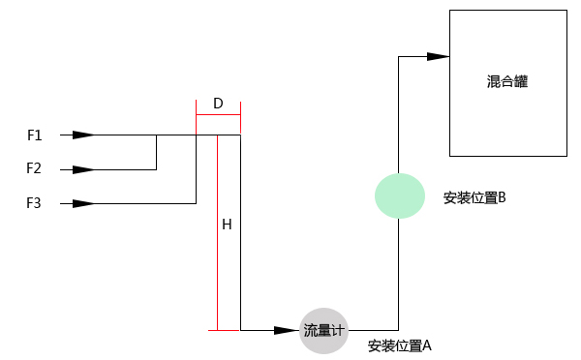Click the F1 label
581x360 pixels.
tap(34, 135)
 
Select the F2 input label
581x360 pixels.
tap(34, 168)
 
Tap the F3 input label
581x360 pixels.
tap(34, 203)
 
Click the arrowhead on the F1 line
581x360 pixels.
tap(84, 135)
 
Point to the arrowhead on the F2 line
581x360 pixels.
tap(84, 169)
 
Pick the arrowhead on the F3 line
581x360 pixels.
tap(84, 203)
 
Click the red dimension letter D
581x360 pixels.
tap(218, 103)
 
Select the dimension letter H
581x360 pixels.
tap(227, 225)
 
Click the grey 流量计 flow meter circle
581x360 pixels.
tap(323, 330)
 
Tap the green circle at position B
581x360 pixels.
tap(400, 196)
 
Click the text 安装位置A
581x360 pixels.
tap(399, 345)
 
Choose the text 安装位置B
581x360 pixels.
tap(474, 197)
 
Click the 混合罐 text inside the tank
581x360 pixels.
tap(507, 82)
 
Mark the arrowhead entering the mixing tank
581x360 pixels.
tap(438, 56)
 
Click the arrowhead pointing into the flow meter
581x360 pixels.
tap(287, 330)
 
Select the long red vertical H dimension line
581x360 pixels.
tap(218, 232)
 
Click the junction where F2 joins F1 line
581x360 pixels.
tap(156, 135)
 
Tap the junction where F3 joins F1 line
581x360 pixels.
tap(196, 135)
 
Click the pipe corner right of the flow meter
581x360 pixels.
tap(399, 330)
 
